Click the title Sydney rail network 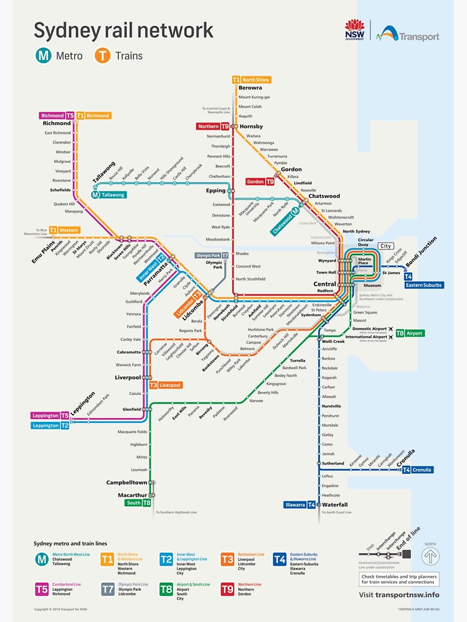click(123, 30)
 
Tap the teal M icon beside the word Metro click(43, 56)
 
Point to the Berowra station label click(250, 88)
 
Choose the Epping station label click(216, 191)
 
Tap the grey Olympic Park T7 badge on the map click(212, 256)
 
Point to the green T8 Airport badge click(409, 333)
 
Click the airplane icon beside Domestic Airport click(390, 328)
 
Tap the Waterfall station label click(335, 504)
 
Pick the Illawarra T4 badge click(300, 505)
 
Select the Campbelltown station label click(126, 483)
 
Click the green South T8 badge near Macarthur click(138, 503)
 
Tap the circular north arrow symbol click(430, 556)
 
